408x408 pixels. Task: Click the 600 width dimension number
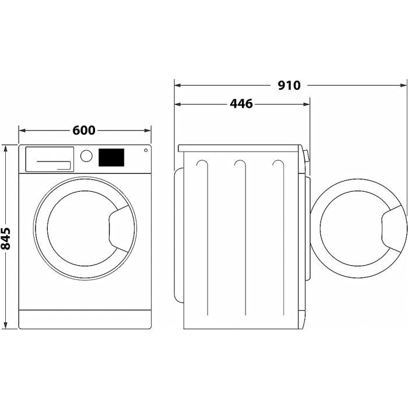[84, 130]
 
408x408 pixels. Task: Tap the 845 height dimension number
[7, 237]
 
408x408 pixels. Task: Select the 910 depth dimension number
[289, 85]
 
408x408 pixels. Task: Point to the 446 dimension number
[241, 104]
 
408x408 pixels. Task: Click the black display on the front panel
[111, 156]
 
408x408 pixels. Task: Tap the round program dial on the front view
[86, 156]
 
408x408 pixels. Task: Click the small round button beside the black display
[145, 151]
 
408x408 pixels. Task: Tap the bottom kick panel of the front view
[85, 319]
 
